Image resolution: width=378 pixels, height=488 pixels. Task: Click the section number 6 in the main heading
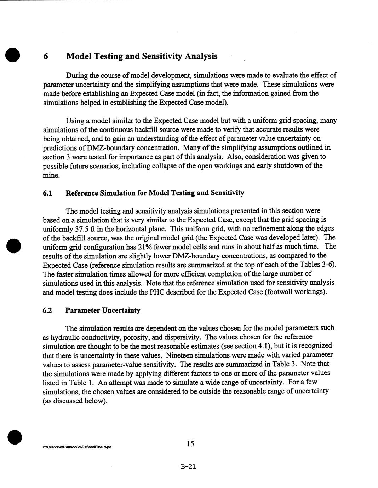(46, 57)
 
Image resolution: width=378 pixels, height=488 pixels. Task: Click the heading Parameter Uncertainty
(103, 310)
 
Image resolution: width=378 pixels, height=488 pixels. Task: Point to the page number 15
(190, 444)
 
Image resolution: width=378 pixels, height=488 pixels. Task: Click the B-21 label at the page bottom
(188, 466)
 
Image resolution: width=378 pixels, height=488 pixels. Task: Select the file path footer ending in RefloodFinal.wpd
(77, 447)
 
